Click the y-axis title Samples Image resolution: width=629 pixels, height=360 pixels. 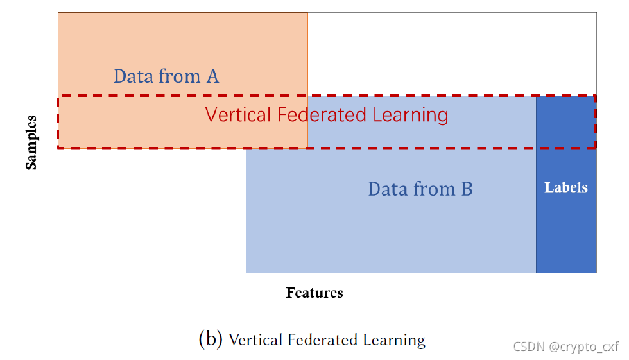[31, 142]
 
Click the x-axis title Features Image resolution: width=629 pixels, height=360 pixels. [314, 293]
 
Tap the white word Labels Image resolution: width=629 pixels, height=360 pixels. [566, 187]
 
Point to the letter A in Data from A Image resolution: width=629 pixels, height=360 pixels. [212, 76]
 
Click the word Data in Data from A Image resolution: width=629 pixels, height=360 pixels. [134, 76]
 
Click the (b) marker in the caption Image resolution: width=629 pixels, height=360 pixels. [211, 339]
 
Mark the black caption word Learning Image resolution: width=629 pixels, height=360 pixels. [393, 339]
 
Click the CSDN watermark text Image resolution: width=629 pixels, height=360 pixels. [528, 347]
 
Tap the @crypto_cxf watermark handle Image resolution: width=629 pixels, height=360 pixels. [583, 347]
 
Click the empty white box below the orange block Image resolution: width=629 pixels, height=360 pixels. [151, 210]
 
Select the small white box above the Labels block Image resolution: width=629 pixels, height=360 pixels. [566, 53]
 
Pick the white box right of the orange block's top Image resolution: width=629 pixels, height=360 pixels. [422, 53]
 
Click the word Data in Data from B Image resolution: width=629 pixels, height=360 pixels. [388, 189]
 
